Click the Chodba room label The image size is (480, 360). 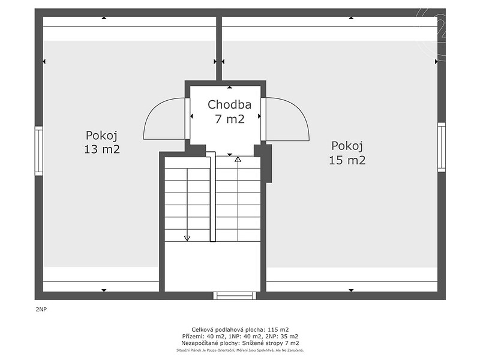[229, 104]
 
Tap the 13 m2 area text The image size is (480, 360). [102, 149]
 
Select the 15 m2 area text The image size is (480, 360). [347, 160]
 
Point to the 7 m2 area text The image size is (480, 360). [230, 119]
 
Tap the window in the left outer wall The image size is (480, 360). [38, 151]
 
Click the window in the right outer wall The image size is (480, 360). [442, 147]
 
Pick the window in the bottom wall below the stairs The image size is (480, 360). [235, 295]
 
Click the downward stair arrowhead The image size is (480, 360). [187, 238]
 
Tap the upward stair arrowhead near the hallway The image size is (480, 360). [238, 159]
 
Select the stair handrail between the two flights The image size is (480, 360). [212, 197]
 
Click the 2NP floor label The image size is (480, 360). [41, 309]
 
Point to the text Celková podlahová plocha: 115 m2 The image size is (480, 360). [240, 329]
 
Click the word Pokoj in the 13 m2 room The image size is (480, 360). [101, 136]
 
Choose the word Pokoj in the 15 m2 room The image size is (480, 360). [347, 146]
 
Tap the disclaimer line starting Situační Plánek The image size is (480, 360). [240, 350]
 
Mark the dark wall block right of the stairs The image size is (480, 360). [264, 163]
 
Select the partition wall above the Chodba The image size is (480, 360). [219, 49]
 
